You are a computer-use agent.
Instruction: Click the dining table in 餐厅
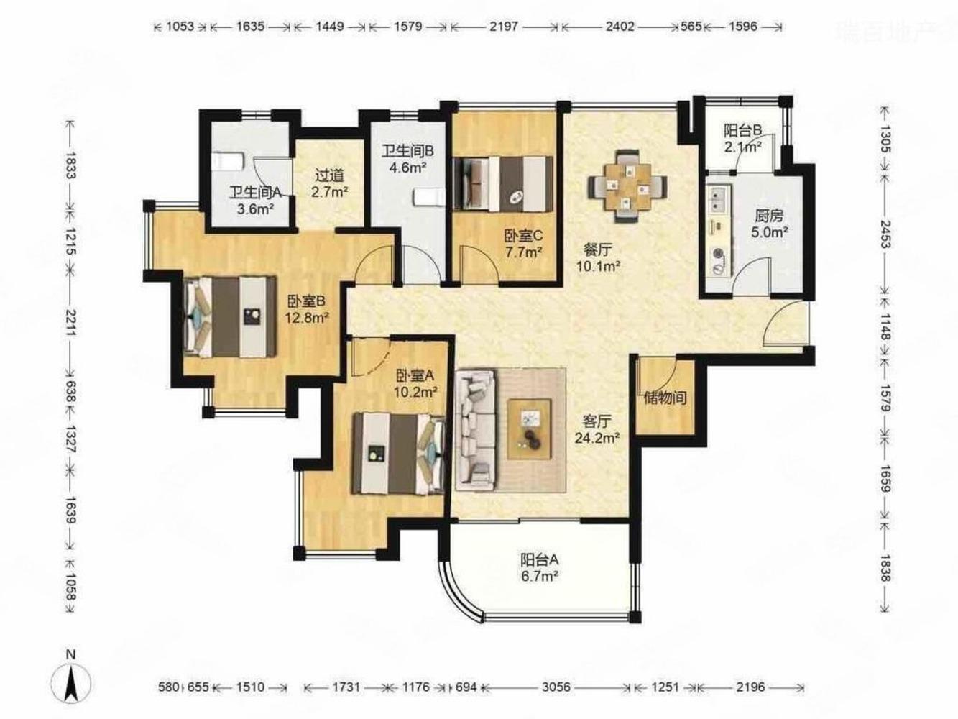(627, 186)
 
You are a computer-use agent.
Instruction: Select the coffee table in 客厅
(530, 429)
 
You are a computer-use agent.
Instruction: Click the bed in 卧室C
(503, 184)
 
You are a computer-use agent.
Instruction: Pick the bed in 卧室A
(399, 454)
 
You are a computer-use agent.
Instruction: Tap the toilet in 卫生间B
(429, 198)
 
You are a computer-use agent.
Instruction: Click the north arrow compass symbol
(70, 687)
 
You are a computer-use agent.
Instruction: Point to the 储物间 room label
(665, 398)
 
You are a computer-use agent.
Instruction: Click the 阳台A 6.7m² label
(540, 567)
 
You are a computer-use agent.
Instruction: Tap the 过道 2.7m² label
(330, 183)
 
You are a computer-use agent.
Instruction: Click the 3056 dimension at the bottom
(556, 687)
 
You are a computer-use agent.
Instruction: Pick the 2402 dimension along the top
(620, 27)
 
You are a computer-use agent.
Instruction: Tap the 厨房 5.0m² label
(769, 224)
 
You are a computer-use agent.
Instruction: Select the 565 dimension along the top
(691, 27)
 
